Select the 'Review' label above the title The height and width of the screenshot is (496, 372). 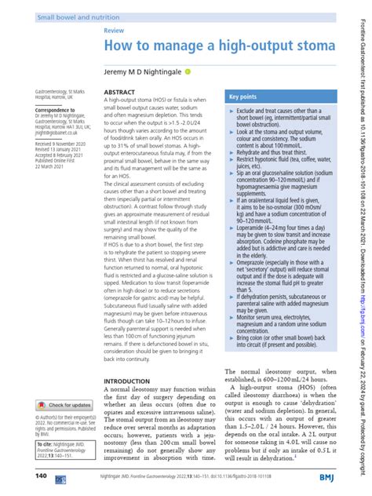[x=115, y=29]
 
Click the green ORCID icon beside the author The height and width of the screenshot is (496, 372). [x=188, y=71]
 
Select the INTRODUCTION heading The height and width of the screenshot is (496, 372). [x=126, y=359]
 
